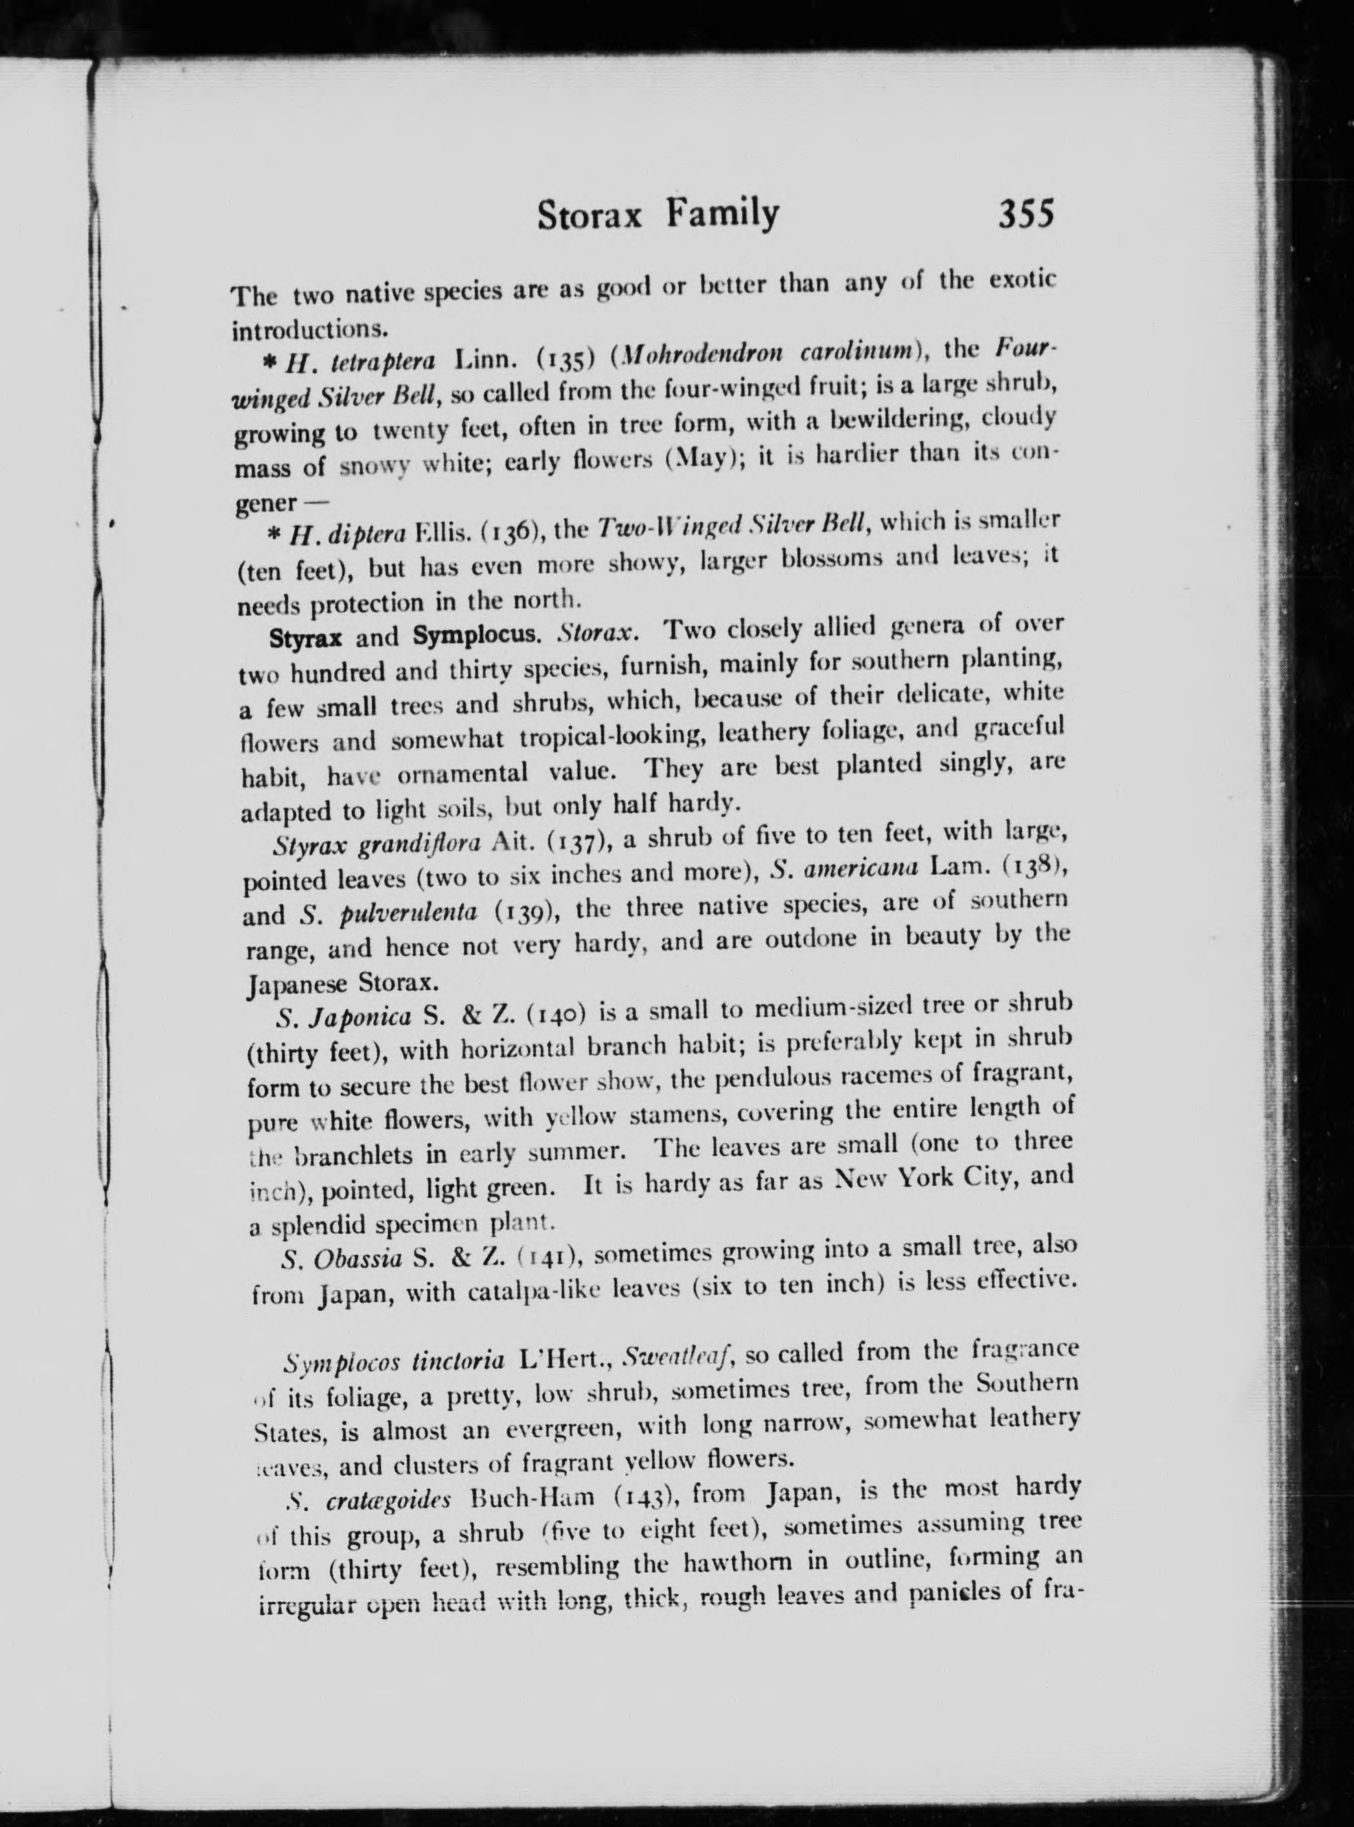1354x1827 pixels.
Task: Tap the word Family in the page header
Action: [x=721, y=214]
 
